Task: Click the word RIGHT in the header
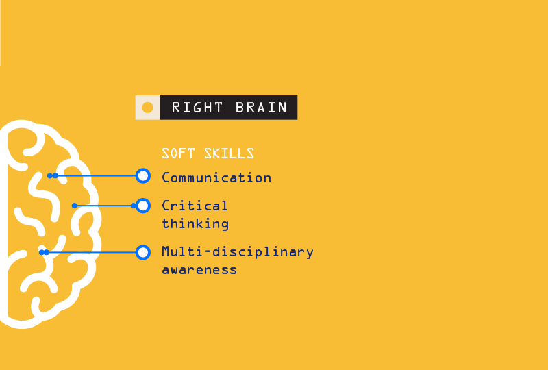tap(197, 108)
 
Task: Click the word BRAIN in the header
tap(262, 108)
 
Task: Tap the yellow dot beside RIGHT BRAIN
tap(147, 108)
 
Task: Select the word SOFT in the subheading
tap(178, 153)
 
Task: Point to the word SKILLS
tap(229, 153)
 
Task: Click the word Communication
tap(216, 177)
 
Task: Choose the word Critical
tap(195, 206)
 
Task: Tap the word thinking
tap(195, 224)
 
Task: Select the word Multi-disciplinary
tap(238, 251)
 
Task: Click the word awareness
tap(199, 270)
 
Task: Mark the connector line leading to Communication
tap(95, 175)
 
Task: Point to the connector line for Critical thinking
tap(104, 206)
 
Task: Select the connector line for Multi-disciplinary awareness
tap(91, 252)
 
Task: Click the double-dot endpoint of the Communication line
tap(53, 175)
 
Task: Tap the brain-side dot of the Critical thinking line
tap(75, 206)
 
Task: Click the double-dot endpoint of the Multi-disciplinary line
tap(44, 252)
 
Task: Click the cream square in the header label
tap(147, 108)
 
